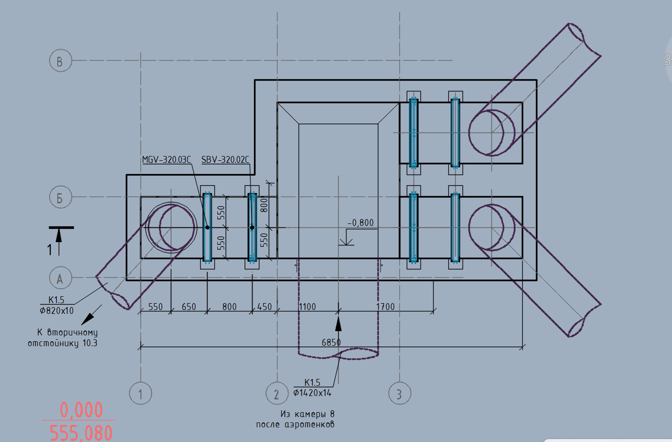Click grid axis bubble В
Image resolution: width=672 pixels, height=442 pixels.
pos(60,61)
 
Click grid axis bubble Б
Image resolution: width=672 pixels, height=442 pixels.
pos(60,197)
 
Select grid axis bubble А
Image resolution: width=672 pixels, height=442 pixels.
pos(60,278)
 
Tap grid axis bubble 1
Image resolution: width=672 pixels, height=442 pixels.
pos(140,393)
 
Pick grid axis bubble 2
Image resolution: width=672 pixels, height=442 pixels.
pos(277,393)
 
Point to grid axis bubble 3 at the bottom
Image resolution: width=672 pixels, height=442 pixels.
pos(399,393)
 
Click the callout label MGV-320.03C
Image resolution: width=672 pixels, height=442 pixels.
pos(166,160)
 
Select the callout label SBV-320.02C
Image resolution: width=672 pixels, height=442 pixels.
pos(225,160)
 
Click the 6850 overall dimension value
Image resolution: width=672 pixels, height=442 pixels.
pos(331,342)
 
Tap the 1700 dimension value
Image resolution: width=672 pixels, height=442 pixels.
pos(386,307)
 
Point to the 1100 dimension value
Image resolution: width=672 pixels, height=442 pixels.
pos(307,307)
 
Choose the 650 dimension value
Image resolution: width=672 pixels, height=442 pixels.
pos(189,307)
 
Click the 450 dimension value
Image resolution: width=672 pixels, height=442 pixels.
pos(265,307)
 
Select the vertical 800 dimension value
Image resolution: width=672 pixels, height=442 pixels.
pos(264,205)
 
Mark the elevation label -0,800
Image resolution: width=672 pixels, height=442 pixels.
pos(361,222)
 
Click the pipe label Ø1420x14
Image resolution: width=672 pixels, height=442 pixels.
pos(312,393)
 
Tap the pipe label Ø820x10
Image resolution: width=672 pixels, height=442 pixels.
pos(57,310)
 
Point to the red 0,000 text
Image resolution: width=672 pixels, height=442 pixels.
pos(81,410)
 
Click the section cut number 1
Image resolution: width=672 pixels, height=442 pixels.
pos(49,250)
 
